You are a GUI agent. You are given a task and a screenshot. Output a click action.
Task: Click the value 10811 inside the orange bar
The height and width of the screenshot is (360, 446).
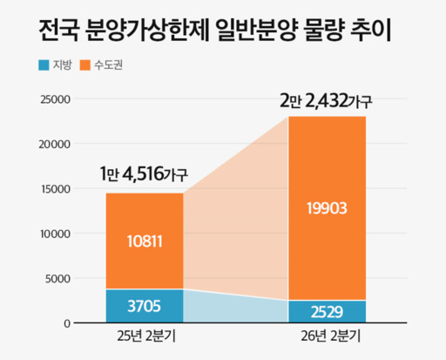coord(145,241)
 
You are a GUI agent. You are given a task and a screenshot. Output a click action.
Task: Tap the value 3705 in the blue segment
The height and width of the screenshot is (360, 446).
coord(145,306)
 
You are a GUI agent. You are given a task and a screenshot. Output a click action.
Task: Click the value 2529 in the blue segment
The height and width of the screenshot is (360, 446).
coord(328,311)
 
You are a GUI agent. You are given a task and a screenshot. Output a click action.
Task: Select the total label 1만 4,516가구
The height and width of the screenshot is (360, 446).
coord(144,172)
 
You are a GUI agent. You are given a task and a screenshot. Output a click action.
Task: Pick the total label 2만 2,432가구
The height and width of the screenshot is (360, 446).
coord(327,100)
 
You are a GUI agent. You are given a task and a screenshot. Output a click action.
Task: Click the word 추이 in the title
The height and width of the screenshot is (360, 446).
coord(370,31)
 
